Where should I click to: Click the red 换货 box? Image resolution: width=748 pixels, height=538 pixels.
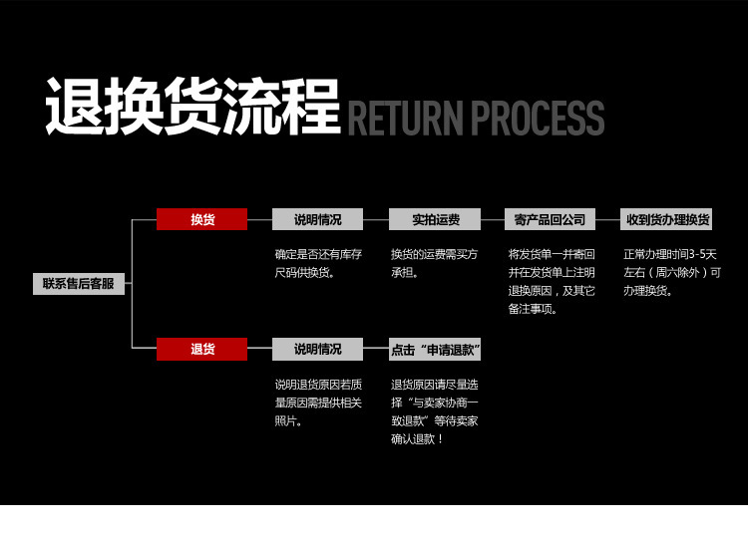pyautogui.click(x=201, y=219)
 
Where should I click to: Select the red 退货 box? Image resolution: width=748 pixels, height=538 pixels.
pyautogui.click(x=201, y=349)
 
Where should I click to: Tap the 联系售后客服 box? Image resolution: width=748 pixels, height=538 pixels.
pyautogui.click(x=78, y=284)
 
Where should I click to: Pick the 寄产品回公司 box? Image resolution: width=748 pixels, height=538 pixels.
pyautogui.click(x=551, y=219)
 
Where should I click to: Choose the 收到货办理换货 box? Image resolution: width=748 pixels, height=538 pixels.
pyautogui.click(x=667, y=219)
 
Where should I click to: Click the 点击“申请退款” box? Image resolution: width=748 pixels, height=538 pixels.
pyautogui.click(x=435, y=350)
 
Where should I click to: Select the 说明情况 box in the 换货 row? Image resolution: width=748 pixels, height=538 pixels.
pyautogui.click(x=317, y=219)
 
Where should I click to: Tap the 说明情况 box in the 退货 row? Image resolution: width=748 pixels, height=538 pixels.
pyautogui.click(x=317, y=349)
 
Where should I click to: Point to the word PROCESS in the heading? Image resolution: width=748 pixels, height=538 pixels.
pyautogui.click(x=538, y=118)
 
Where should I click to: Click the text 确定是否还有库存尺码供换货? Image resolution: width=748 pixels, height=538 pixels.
pyautogui.click(x=318, y=263)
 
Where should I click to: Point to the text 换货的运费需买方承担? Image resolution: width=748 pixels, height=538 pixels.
pyautogui.click(x=434, y=263)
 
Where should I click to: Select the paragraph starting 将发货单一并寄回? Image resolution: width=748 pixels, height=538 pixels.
pyautogui.click(x=552, y=281)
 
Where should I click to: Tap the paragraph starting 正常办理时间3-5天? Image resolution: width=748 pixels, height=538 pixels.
pyautogui.click(x=671, y=272)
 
